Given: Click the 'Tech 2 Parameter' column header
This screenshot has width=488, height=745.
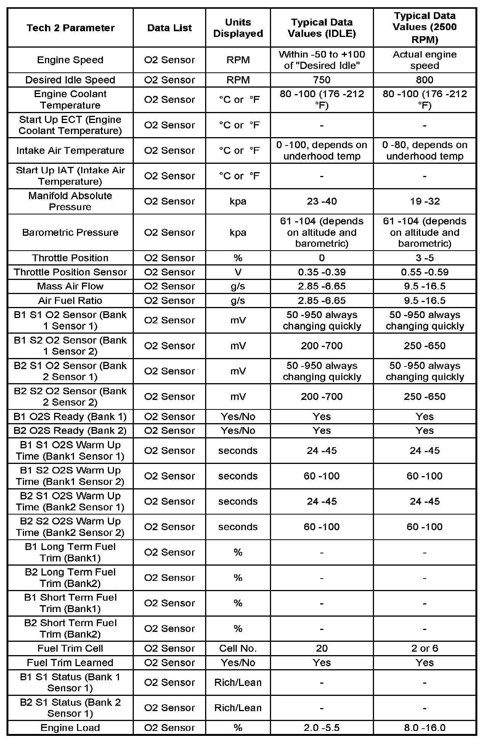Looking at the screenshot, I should point(71,28).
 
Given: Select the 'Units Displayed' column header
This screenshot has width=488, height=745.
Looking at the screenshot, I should point(238,28).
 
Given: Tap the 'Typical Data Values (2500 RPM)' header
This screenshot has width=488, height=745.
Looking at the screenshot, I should point(425,27).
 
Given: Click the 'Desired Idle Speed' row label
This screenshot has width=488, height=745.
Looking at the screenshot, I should point(70,80).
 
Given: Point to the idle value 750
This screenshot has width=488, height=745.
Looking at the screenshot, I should point(322,80).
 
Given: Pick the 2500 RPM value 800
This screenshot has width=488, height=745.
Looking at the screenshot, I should point(425,80).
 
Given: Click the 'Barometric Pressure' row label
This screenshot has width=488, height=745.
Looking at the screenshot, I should point(70,232).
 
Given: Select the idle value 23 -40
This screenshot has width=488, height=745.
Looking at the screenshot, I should point(322,201).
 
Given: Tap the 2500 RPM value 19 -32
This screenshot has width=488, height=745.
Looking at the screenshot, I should point(425,201).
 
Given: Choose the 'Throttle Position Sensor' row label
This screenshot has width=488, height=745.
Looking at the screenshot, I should point(70,272).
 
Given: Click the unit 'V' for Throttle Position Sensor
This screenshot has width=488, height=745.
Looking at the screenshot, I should point(238,272).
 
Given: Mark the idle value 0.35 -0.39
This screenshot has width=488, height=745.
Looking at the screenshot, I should point(322,272).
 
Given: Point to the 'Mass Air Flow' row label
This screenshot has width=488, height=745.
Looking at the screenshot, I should point(70,286).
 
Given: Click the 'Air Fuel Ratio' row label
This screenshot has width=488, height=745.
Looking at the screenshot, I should point(70,301).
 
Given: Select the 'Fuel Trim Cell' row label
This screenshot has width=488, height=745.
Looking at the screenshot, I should point(70,648).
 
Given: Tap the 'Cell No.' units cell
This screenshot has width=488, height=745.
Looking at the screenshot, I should point(238,648).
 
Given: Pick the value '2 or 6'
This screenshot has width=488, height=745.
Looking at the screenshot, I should point(425,648).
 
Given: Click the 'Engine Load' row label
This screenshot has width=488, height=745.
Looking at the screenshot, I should point(70,728).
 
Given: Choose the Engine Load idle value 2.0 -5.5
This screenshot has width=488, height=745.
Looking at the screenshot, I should point(322,728).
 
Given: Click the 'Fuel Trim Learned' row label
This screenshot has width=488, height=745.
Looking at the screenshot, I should point(70,663).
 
